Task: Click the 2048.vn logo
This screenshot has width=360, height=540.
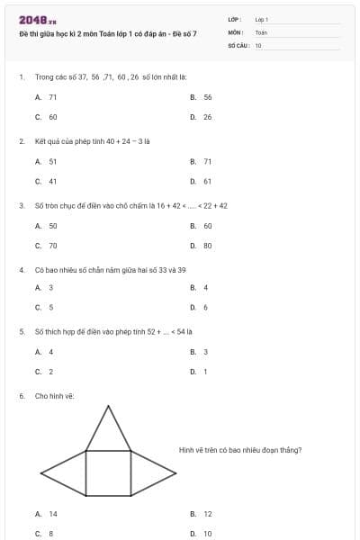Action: coord(37,19)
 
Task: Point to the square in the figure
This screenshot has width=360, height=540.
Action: coord(108,472)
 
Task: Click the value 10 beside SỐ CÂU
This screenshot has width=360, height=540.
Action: coord(258,43)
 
